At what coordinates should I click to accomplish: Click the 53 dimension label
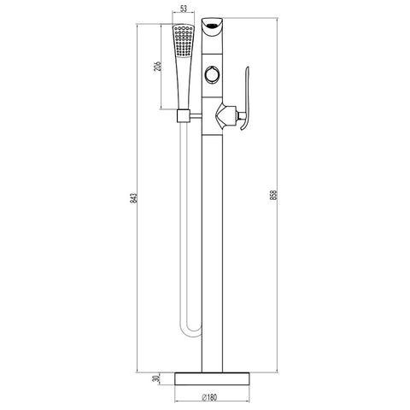click(184, 9)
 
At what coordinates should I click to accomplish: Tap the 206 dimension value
click(157, 66)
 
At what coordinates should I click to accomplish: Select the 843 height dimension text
click(133, 198)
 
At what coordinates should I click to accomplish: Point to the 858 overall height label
click(273, 195)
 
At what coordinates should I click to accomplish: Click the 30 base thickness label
click(155, 379)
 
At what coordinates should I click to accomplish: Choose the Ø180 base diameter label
click(209, 397)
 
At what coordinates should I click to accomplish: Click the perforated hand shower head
click(184, 40)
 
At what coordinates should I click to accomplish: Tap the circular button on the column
click(213, 74)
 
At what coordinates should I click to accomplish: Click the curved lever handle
click(246, 98)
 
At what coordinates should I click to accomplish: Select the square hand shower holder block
click(184, 116)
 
